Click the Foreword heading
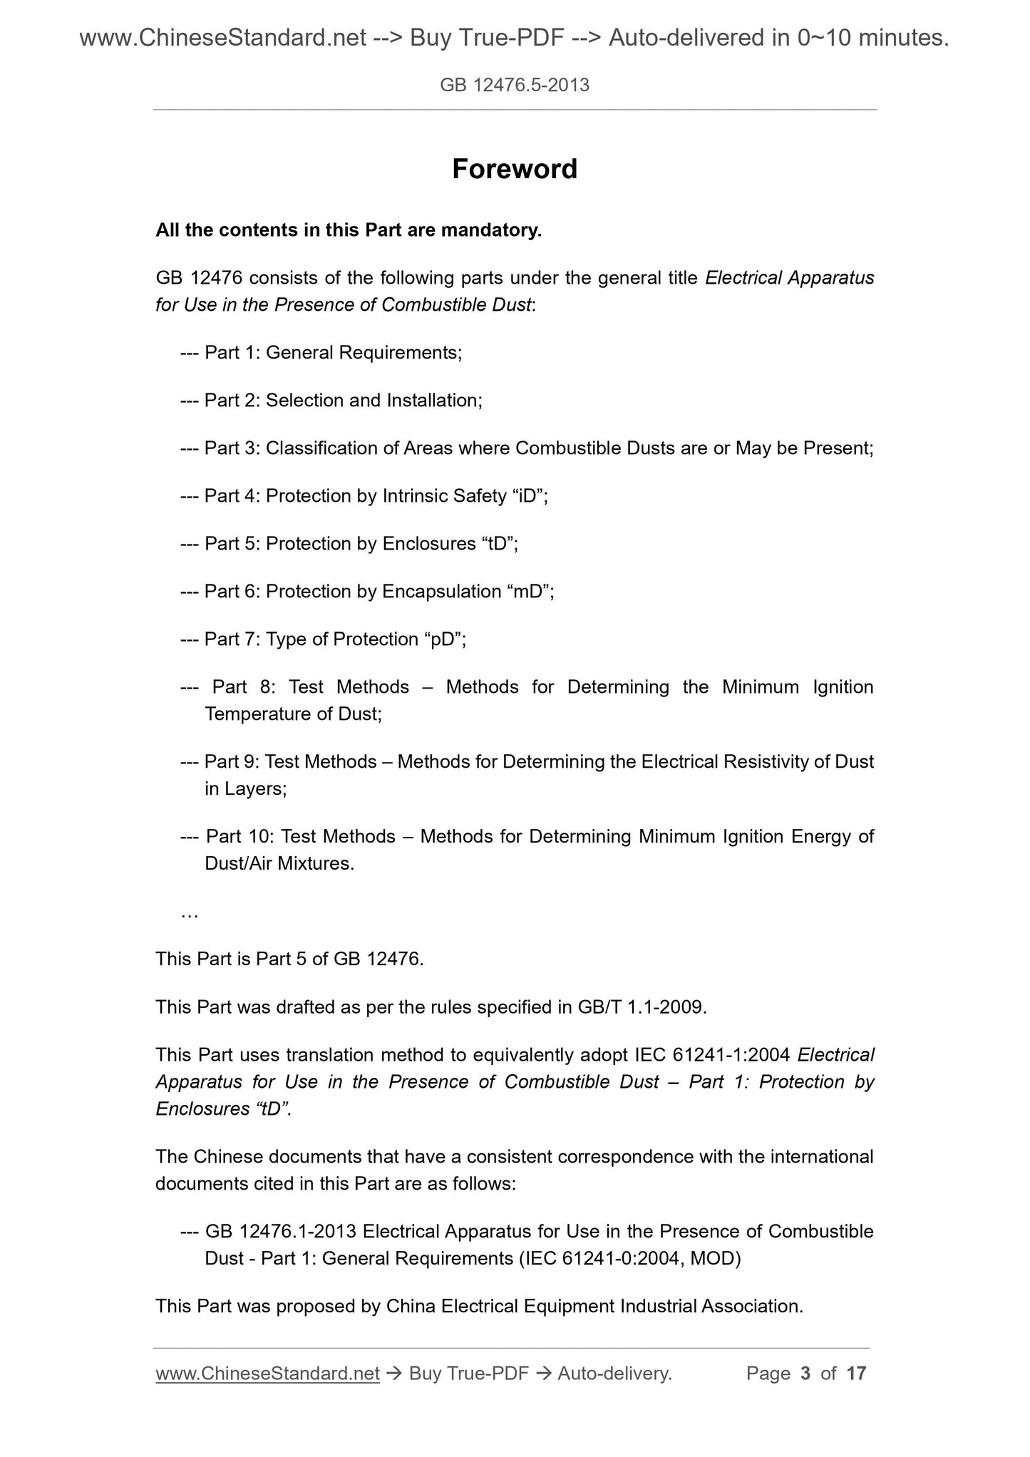click(x=515, y=169)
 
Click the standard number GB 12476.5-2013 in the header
click(x=515, y=86)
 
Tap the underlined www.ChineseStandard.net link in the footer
click(x=267, y=1373)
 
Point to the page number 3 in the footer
click(x=805, y=1373)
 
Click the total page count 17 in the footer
click(x=856, y=1373)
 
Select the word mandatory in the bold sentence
click(x=491, y=230)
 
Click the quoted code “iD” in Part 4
click(x=528, y=495)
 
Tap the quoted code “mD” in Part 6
click(x=528, y=591)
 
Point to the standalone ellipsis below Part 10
click(x=190, y=913)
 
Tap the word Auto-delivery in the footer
click(x=614, y=1373)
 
